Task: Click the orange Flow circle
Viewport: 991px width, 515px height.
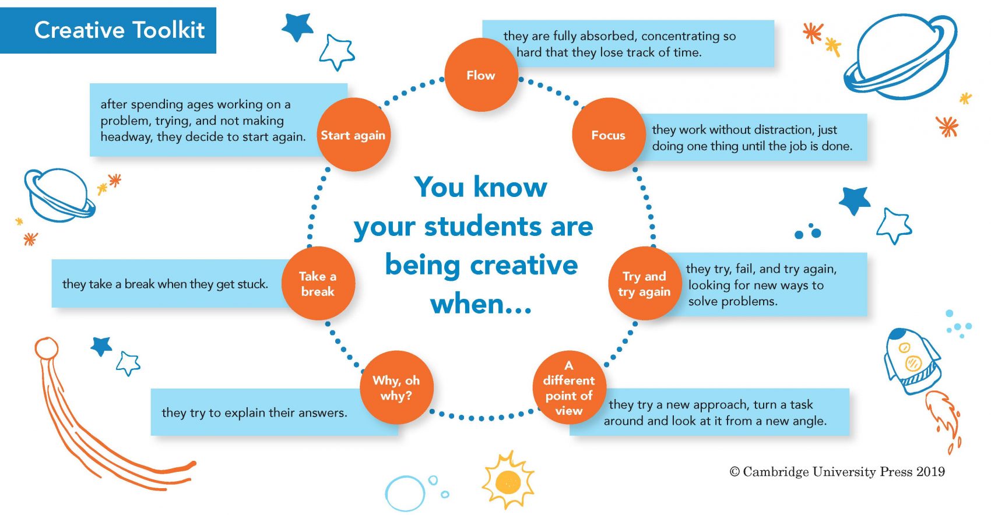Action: (x=481, y=75)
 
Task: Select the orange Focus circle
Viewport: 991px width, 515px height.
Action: (x=609, y=135)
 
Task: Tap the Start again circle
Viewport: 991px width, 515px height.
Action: (x=353, y=135)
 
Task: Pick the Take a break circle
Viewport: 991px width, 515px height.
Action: (x=318, y=283)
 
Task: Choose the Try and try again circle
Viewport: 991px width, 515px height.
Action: (x=645, y=283)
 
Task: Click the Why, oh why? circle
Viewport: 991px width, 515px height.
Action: (x=396, y=387)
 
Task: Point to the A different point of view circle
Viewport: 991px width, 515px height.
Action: (x=570, y=387)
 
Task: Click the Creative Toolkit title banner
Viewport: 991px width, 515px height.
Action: (x=108, y=30)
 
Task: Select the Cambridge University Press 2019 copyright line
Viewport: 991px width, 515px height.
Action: (x=837, y=472)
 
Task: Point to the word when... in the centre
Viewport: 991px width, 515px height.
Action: (x=481, y=304)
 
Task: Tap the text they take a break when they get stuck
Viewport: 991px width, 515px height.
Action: (x=166, y=284)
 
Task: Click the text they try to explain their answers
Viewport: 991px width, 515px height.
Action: (x=254, y=413)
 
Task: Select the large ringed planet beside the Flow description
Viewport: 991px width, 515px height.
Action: (x=900, y=57)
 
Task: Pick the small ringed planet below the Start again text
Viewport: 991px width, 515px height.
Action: (x=59, y=195)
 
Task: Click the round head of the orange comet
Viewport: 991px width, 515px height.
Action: (x=47, y=349)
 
